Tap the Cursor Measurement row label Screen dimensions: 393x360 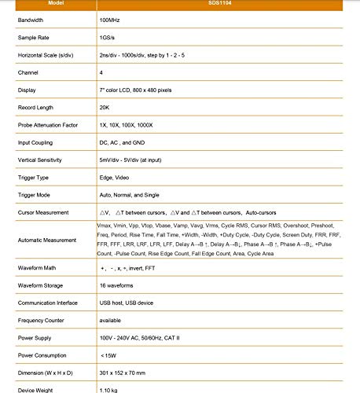point(46,213)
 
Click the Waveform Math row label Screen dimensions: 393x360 point(39,269)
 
